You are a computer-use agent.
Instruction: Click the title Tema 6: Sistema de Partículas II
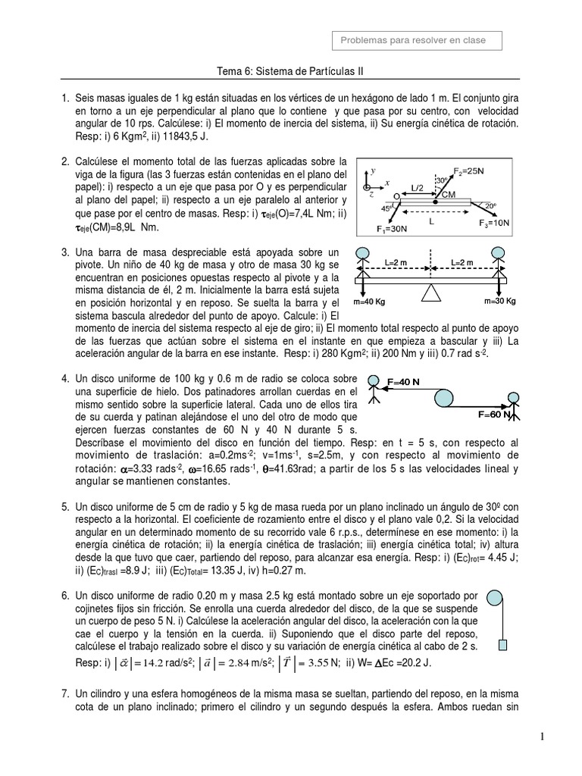pyautogui.click(x=290, y=70)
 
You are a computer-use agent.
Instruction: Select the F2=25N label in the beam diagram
pyautogui.click(x=469, y=171)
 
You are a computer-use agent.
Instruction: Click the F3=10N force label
pyautogui.click(x=493, y=223)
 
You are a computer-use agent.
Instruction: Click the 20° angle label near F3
pyautogui.click(x=490, y=206)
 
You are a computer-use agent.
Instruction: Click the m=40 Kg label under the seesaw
pyautogui.click(x=370, y=301)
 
